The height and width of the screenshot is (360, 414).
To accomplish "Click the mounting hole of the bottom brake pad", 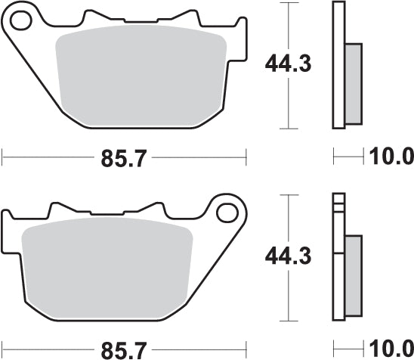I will pyautogui.click(x=227, y=212).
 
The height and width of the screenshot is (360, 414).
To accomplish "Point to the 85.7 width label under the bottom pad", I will pyautogui.click(x=124, y=349).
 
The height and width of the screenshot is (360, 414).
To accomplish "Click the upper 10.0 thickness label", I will pyautogui.click(x=391, y=157).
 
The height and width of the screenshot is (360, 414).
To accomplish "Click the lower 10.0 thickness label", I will pyautogui.click(x=391, y=349).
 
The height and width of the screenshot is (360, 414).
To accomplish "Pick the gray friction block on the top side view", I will pyautogui.click(x=353, y=83).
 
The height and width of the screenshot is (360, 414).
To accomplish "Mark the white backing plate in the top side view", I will pyautogui.click(x=338, y=64).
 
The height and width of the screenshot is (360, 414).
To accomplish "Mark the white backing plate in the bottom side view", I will pyautogui.click(x=338, y=261).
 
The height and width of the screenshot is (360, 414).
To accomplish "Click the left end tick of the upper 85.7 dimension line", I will pyautogui.click(x=3, y=157).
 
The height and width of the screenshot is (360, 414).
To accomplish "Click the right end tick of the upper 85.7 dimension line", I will pyautogui.click(x=246, y=157).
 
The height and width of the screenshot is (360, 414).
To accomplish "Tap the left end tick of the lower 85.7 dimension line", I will pyautogui.click(x=3, y=349).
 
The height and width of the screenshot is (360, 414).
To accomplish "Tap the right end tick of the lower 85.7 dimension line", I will pyautogui.click(x=246, y=349).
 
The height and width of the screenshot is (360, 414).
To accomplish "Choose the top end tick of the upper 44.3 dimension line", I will pyautogui.click(x=288, y=3).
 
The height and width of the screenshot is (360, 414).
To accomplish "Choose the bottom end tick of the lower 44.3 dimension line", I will pyautogui.click(x=288, y=320).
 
